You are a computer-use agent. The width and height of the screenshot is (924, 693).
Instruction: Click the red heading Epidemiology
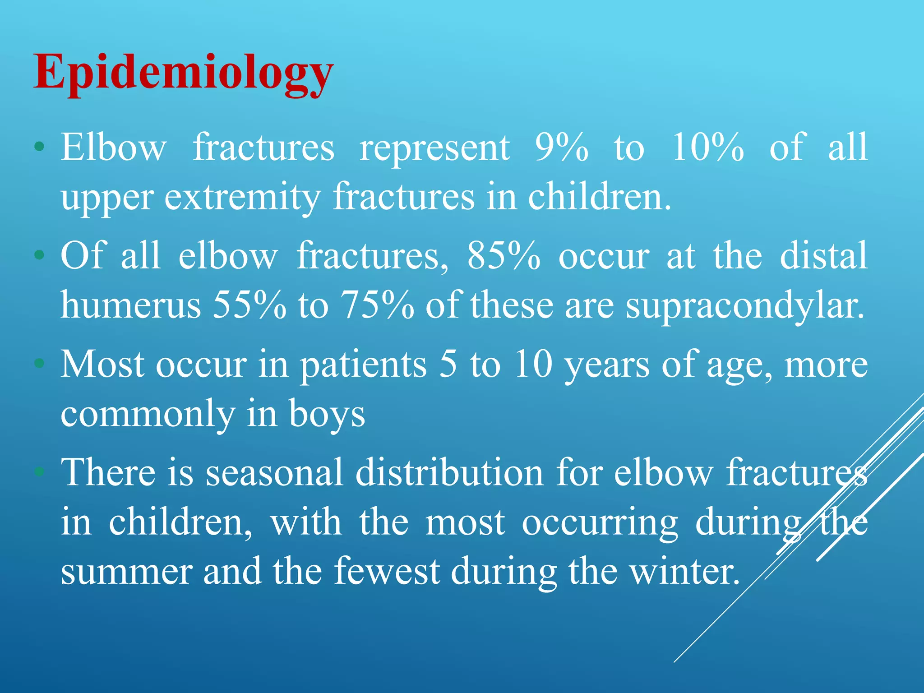tap(183, 73)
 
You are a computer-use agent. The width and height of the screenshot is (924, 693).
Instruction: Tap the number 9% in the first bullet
tap(562, 147)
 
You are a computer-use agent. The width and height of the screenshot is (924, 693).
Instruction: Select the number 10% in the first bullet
tap(707, 147)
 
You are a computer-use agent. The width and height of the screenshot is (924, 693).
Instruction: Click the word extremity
tap(242, 198)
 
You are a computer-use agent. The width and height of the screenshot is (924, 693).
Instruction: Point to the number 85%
tap(504, 256)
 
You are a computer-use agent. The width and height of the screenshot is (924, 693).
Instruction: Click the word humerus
tap(131, 305)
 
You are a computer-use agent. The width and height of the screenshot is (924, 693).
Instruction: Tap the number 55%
tap(249, 305)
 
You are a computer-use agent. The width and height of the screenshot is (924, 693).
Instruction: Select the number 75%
tap(377, 305)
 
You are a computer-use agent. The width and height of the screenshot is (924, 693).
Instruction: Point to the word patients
tap(363, 365)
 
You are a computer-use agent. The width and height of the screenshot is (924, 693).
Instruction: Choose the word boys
tap(327, 414)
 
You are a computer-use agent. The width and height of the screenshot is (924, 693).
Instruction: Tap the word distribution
tap(449, 472)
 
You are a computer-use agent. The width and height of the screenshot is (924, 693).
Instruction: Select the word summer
tap(126, 571)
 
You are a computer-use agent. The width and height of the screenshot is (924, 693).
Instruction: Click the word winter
tap(684, 571)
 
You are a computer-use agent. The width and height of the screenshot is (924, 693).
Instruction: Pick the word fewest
tap(387, 571)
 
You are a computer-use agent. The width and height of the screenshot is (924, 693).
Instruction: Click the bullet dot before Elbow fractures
tap(40, 147)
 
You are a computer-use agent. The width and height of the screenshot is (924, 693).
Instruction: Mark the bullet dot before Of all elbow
tap(40, 255)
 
